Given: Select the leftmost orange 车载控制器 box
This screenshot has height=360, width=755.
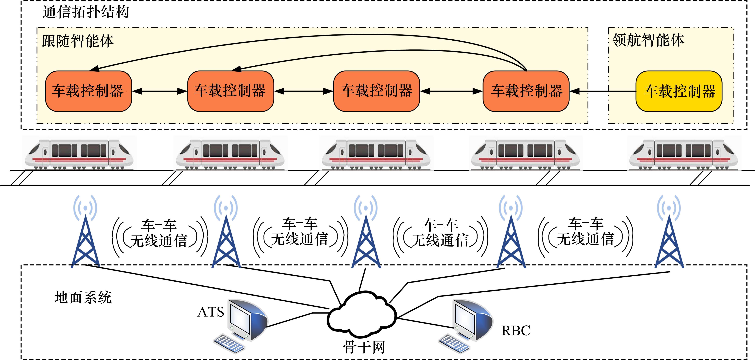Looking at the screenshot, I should pyautogui.click(x=88, y=91).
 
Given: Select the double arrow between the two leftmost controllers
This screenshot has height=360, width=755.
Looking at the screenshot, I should pyautogui.click(x=160, y=91).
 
